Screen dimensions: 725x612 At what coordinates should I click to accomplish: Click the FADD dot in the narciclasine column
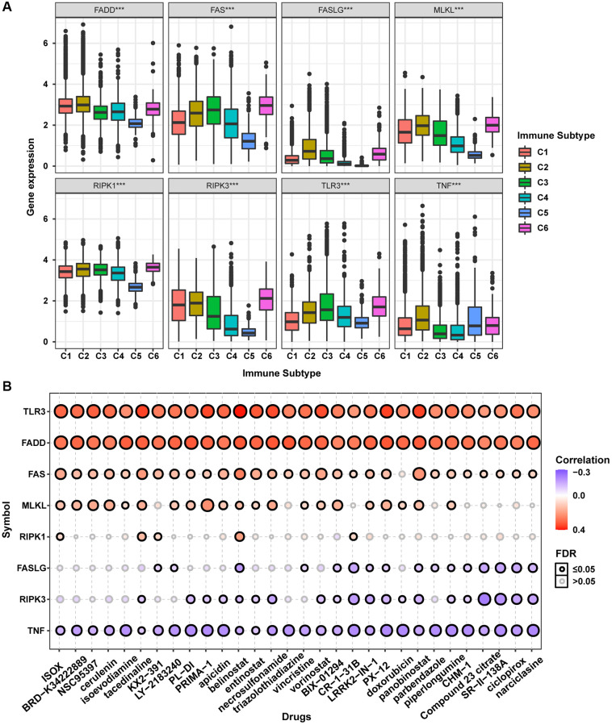click(533, 442)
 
